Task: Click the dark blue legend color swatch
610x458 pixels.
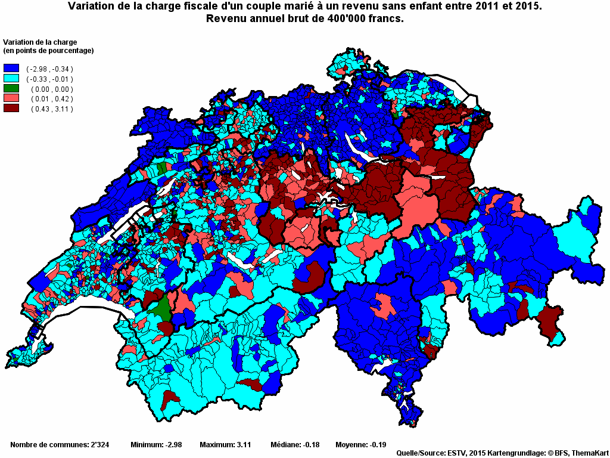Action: pyautogui.click(x=11, y=69)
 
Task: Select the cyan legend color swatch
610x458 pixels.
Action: pyautogui.click(x=11, y=79)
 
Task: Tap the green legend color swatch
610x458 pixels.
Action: pyautogui.click(x=11, y=89)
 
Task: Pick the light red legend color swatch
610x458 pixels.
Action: pyautogui.click(x=11, y=98)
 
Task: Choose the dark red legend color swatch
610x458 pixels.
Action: pyautogui.click(x=11, y=109)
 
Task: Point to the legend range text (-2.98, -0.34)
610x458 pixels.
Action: pyautogui.click(x=49, y=69)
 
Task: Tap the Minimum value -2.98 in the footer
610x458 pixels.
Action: pyautogui.click(x=172, y=445)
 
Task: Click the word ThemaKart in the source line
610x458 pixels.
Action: pyautogui.click(x=590, y=453)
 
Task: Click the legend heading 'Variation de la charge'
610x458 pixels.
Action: pyautogui.click(x=41, y=42)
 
